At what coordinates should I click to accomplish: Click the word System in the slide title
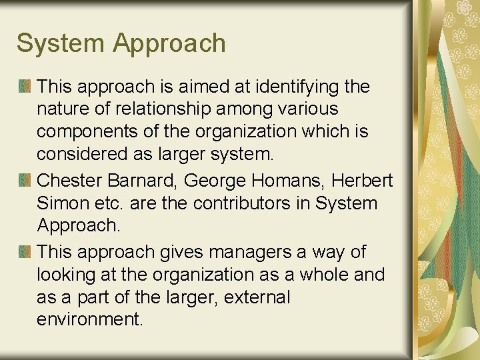click(x=61, y=44)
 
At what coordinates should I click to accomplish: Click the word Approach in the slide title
click(x=169, y=44)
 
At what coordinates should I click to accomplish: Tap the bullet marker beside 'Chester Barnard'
click(x=25, y=180)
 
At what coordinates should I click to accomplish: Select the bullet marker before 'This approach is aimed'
click(x=25, y=86)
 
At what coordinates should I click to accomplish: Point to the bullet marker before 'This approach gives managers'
click(x=25, y=251)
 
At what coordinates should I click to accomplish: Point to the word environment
click(x=90, y=319)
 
